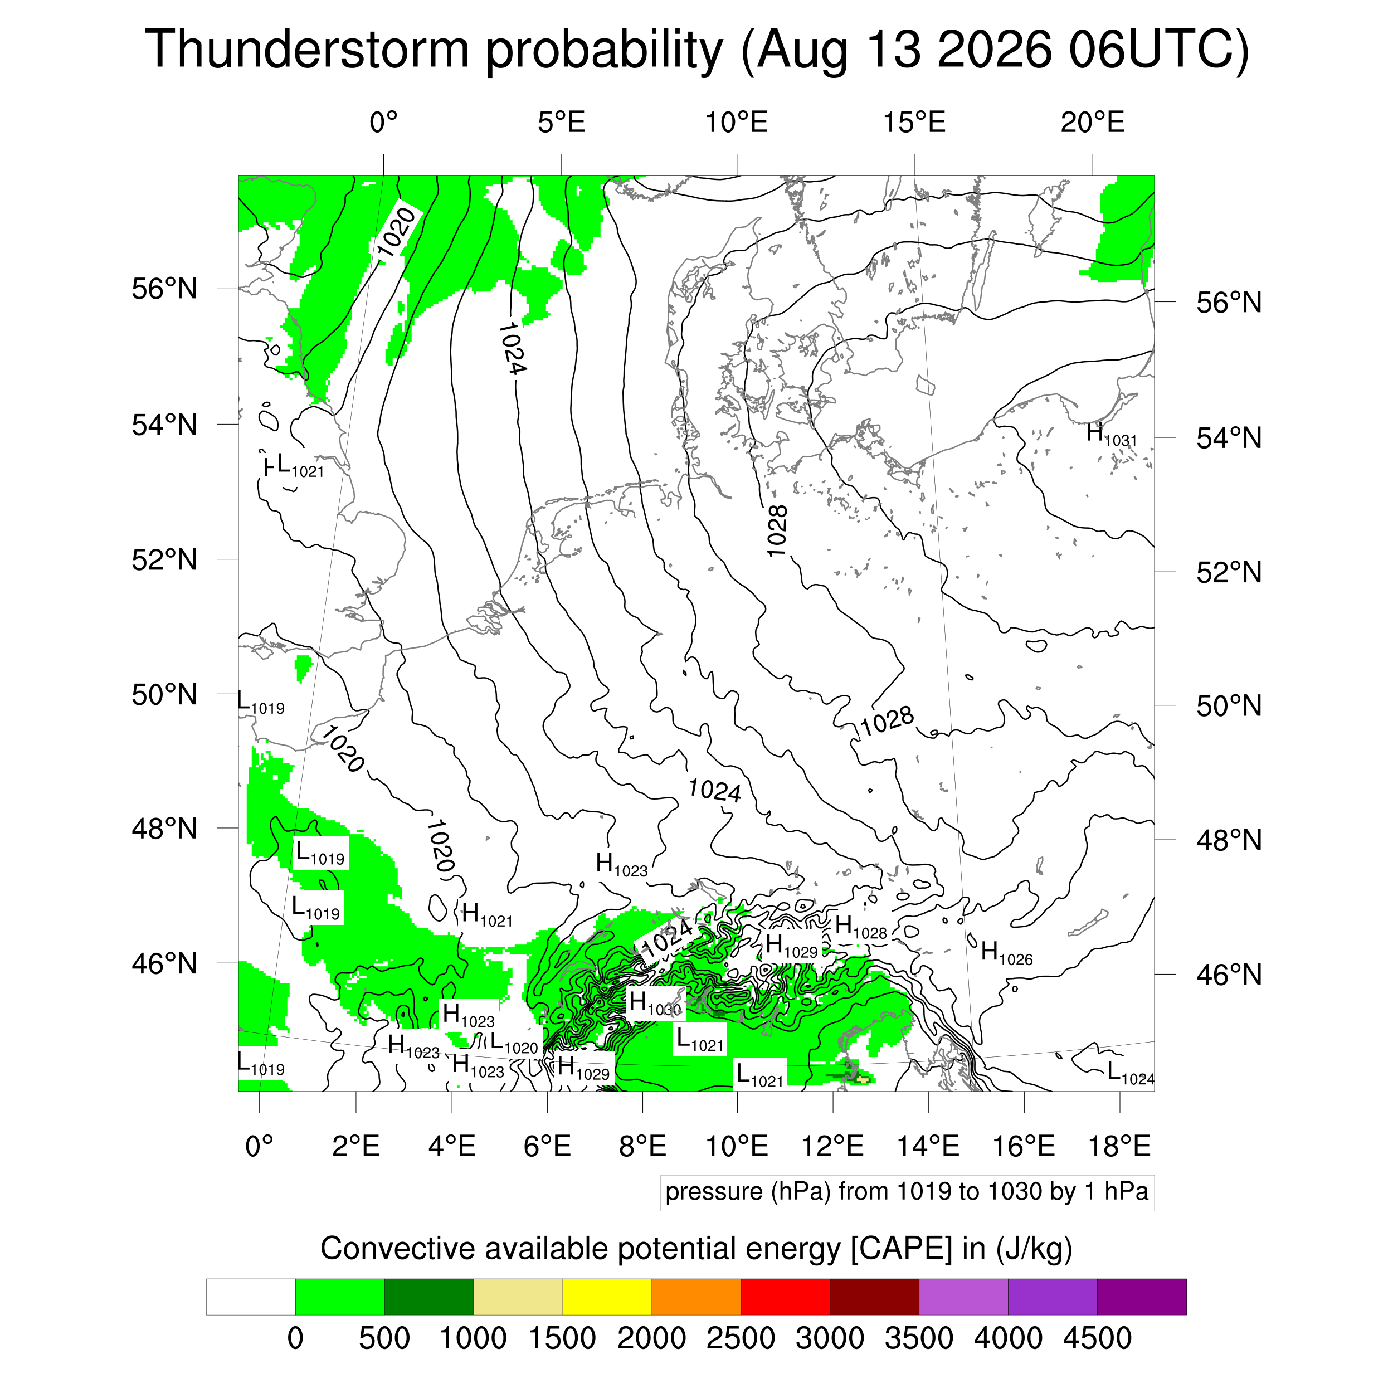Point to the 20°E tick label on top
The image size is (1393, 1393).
coord(1092,123)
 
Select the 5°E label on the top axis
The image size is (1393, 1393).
coord(562,123)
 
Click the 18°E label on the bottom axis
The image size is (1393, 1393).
coord(1119,1146)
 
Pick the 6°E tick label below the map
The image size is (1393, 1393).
coord(547,1146)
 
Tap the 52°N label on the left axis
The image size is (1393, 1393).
coord(164,559)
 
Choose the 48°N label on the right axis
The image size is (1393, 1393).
coord(1229,840)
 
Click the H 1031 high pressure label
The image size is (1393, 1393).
coord(1111,435)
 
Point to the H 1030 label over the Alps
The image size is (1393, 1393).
coord(655,1003)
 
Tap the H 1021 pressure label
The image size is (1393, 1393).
coord(488,915)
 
